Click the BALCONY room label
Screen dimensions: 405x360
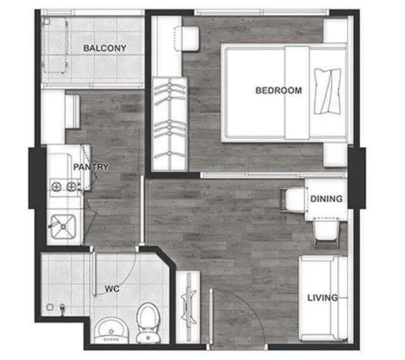[105, 48]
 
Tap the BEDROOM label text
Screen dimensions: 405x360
[279, 91]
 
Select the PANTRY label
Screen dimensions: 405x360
[91, 167]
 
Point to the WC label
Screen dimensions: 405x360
[112, 289]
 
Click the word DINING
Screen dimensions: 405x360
[327, 199]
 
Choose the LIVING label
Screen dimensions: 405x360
[322, 298]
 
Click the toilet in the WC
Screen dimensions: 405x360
[148, 323]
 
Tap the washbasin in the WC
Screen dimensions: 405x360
[111, 331]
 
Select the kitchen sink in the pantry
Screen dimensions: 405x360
[63, 226]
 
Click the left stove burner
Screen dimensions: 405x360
[56, 187]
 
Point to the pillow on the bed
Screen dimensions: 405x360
[327, 91]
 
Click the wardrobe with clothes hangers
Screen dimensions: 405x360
[170, 124]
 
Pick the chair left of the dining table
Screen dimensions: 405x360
[292, 201]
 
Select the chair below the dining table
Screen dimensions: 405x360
[326, 232]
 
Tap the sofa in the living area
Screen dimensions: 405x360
[323, 298]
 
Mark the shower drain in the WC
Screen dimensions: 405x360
[50, 307]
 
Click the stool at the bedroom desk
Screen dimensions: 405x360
[187, 39]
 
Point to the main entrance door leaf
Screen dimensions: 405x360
[211, 316]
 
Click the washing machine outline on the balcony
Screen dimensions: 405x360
[55, 45]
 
